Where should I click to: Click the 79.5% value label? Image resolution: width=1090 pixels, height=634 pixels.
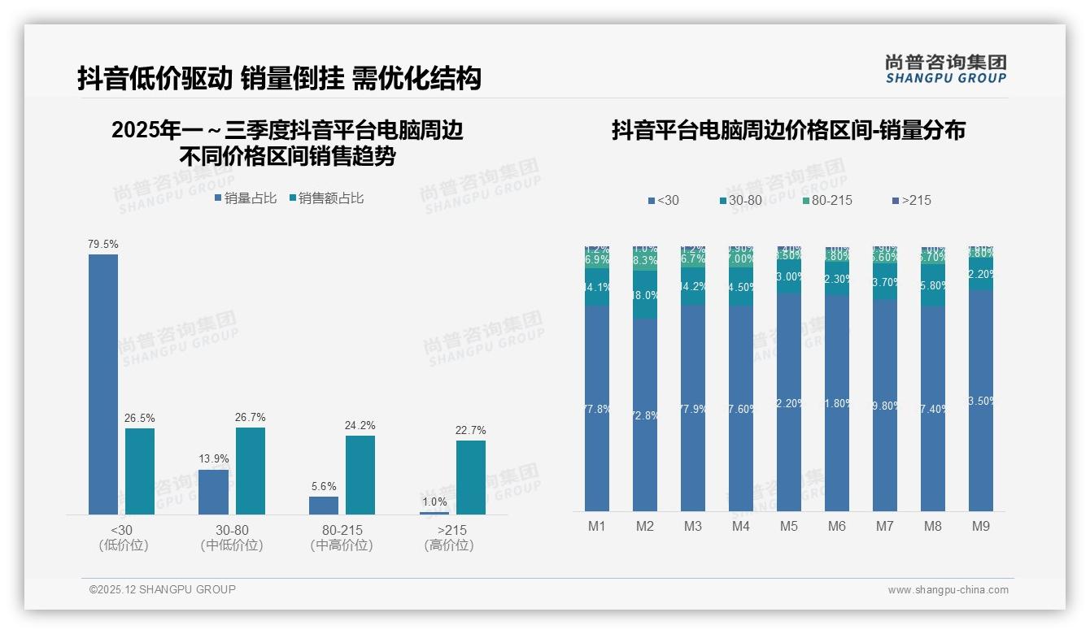[x=103, y=244]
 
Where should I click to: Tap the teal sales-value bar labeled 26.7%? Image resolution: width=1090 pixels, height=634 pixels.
[x=251, y=471]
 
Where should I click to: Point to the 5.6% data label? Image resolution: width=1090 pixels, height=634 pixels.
[x=324, y=487]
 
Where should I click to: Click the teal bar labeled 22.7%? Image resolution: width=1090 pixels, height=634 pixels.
[x=471, y=477]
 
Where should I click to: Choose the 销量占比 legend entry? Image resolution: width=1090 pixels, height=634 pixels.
[x=245, y=198]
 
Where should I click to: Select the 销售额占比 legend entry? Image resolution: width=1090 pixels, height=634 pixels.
[x=326, y=198]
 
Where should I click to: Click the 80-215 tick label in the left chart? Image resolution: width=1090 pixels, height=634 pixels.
[x=342, y=531]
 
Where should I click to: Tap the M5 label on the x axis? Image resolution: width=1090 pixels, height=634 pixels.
[x=789, y=527]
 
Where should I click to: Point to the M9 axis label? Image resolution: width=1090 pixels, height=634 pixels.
[x=981, y=527]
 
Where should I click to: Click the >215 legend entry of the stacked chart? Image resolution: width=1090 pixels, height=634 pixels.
[x=911, y=201]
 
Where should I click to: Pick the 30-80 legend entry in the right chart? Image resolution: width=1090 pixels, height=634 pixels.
[x=741, y=201]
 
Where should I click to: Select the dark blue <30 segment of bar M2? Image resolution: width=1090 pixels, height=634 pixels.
[x=645, y=415]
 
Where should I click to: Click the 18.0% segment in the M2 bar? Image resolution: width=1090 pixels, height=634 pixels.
[x=645, y=295]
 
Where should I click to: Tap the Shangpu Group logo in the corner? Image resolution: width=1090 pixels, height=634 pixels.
[x=945, y=68]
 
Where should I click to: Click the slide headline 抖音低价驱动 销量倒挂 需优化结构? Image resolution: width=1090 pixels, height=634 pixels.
[x=279, y=78]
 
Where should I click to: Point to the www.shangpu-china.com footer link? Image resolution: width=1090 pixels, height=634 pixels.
[x=948, y=590]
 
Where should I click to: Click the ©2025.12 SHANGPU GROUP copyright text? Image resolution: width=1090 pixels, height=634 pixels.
[x=163, y=590]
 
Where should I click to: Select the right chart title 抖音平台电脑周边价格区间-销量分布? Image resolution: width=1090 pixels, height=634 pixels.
[x=788, y=130]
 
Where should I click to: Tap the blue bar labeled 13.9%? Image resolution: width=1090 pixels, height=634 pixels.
[x=214, y=492]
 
